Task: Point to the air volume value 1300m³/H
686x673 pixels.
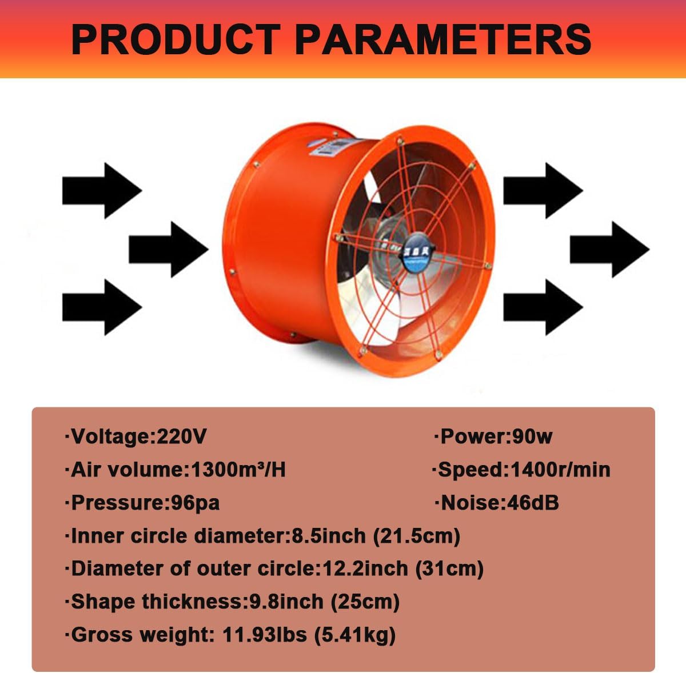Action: coord(238,470)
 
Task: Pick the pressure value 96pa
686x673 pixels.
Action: coord(196,503)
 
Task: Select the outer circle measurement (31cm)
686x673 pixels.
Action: coord(449,569)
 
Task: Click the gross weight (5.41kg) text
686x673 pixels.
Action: coord(354,635)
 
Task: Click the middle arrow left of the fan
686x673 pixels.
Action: coord(169,250)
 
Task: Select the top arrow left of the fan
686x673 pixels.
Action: coord(102,190)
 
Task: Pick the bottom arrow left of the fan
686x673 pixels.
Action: coord(102,307)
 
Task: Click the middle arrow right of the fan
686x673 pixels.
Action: coord(609,250)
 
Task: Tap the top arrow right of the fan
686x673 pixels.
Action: coord(543,190)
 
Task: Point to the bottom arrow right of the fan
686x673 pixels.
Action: coord(543,307)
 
